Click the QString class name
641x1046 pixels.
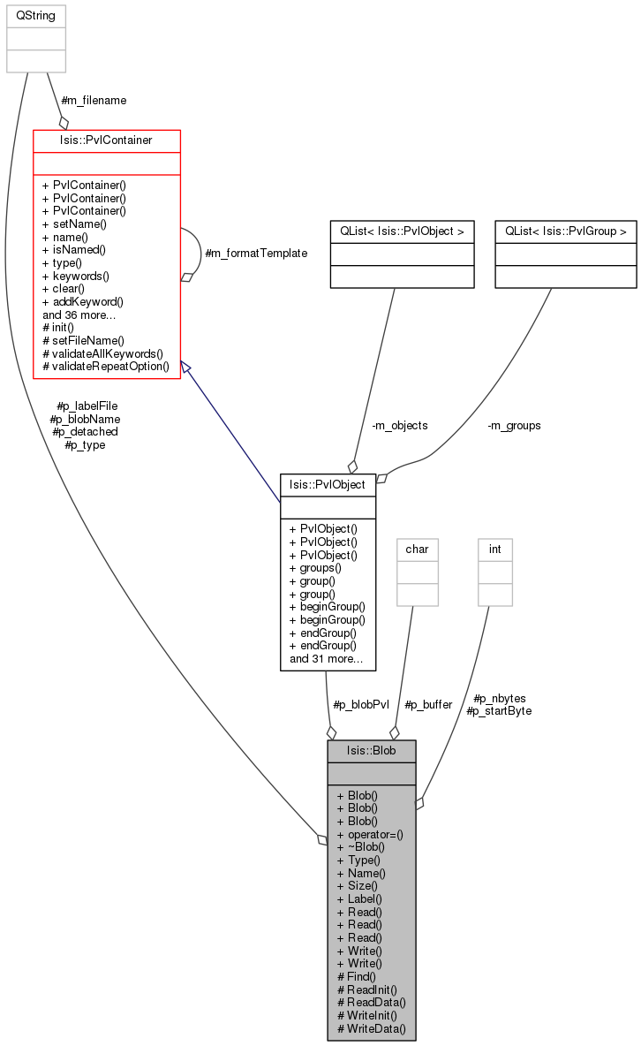36,15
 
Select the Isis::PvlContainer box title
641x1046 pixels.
106,140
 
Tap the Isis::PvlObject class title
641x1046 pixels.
328,485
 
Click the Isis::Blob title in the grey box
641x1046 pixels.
371,751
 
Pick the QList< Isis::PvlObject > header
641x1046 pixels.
403,231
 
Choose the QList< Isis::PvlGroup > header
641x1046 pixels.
566,231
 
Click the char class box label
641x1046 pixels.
417,549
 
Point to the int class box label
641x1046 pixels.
495,549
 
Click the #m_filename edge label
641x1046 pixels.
94,101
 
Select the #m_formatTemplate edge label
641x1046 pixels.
256,254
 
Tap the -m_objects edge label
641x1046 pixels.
400,426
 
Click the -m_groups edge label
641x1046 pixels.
514,426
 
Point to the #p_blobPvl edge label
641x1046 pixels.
361,704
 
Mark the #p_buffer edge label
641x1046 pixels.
428,704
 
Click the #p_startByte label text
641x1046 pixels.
499,711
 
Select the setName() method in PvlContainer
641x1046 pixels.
74,224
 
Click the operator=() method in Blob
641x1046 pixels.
370,835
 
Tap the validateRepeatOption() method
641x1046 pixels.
106,367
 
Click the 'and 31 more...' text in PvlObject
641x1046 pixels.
326,659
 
